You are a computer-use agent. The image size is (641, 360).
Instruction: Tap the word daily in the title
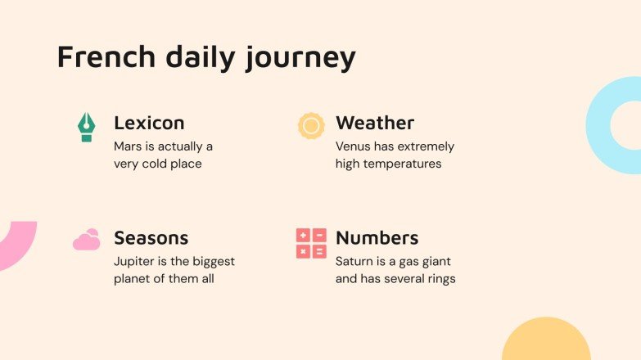pos(203,57)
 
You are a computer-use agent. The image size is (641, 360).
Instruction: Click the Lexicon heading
pos(149,124)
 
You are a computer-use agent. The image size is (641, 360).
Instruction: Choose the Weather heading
pos(375,124)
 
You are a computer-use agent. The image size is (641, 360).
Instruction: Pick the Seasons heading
pos(151,238)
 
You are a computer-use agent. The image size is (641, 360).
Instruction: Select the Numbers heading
pos(377,238)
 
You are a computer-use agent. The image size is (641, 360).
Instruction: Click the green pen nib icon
pos(86,127)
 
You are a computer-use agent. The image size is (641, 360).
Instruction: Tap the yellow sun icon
pos(311,126)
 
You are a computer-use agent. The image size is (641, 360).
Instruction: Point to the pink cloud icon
pos(86,240)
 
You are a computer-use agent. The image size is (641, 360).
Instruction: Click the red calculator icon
pos(311,243)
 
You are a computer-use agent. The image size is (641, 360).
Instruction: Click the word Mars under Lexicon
pos(128,146)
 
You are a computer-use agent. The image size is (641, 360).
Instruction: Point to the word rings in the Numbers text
pos(440,279)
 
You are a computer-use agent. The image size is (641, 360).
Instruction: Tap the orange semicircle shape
pos(546,342)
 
